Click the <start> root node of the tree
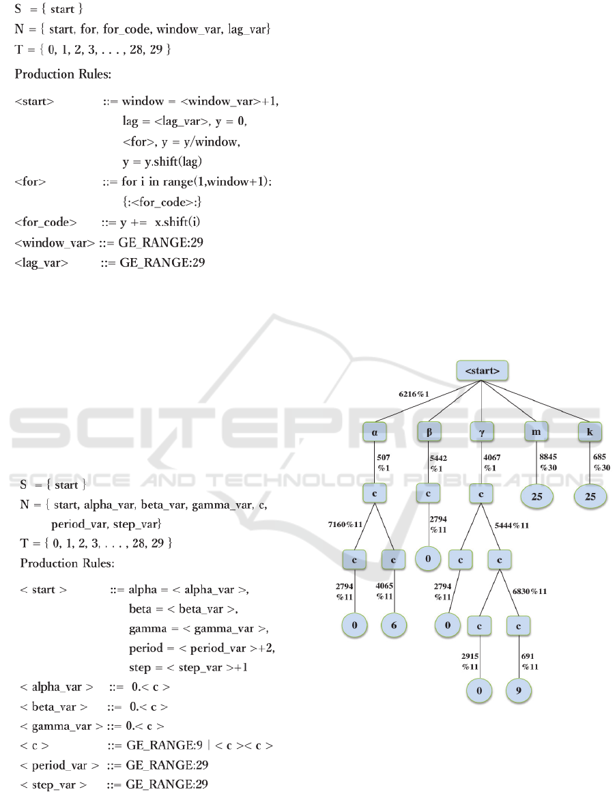click(x=482, y=371)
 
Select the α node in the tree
click(x=374, y=432)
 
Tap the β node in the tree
click(x=429, y=432)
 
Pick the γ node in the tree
click(x=482, y=432)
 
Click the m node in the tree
click(x=536, y=432)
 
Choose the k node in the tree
click(x=590, y=432)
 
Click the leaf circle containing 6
click(x=394, y=625)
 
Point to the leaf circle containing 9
click(x=519, y=690)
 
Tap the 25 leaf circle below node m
click(x=537, y=496)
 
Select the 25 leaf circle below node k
click(x=590, y=496)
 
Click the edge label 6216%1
click(x=414, y=394)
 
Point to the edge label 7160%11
click(x=345, y=524)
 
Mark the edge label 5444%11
click(x=512, y=525)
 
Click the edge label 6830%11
click(x=530, y=591)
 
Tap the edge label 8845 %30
click(x=548, y=462)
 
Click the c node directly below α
click(x=374, y=494)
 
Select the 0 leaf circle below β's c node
click(x=428, y=558)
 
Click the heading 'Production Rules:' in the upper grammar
click(x=63, y=74)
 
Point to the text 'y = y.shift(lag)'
click(x=162, y=162)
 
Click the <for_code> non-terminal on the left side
click(x=46, y=223)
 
